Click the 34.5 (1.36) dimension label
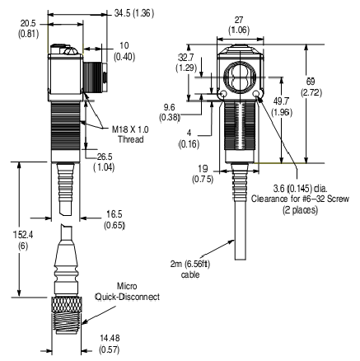point(135,13)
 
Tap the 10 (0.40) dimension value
point(124,49)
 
